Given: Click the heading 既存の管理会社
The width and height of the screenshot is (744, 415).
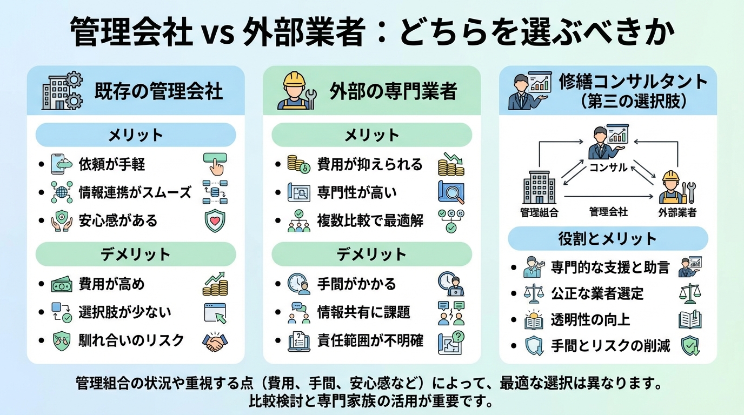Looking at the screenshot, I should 158,91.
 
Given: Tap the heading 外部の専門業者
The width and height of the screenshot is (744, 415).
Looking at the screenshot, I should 393,91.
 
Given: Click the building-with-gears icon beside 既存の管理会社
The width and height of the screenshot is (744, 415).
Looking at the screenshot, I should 62,91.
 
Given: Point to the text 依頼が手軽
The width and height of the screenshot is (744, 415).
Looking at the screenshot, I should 112,164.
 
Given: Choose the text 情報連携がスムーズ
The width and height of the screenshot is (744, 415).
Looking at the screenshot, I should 135,192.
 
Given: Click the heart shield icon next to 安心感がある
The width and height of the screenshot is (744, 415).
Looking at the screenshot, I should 215,220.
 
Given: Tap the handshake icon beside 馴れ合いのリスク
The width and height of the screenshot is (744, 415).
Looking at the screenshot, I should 215,341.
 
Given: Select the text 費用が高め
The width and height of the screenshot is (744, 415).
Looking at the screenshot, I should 112,284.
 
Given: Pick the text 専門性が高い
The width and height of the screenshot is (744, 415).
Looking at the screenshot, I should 357,192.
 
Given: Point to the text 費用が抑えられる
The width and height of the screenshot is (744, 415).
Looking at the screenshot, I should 370,164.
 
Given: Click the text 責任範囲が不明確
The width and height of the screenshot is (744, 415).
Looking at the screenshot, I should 370,340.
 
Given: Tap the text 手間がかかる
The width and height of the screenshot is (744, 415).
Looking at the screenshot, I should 357,284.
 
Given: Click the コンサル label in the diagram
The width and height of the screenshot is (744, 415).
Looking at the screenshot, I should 608,168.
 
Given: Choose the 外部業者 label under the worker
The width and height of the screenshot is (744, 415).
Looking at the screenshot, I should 677,212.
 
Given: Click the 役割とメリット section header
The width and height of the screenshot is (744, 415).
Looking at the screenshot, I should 607,239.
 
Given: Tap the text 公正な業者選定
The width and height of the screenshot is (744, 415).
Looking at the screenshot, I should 597,293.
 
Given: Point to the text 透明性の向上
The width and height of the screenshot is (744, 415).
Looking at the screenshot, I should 590,319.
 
